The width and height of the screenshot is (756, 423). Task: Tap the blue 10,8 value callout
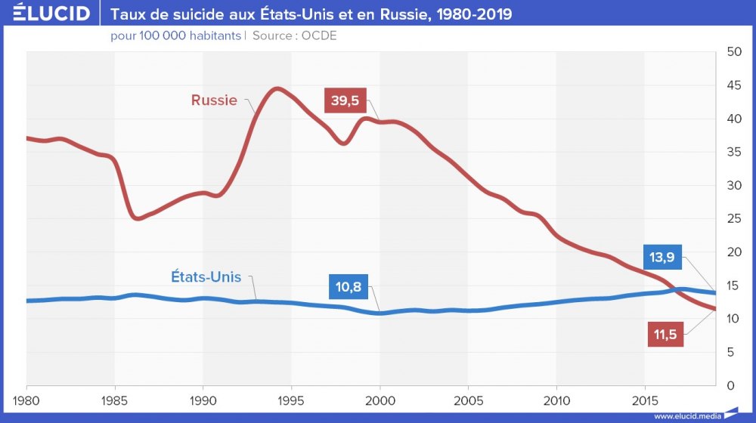coord(349,288)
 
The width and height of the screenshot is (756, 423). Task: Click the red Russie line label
coord(214,100)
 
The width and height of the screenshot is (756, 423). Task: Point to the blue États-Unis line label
coord(206,277)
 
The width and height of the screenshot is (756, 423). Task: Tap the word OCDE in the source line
coord(318,36)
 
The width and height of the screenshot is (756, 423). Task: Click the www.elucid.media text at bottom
coord(685,415)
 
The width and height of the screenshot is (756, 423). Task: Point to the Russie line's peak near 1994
coord(277,89)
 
